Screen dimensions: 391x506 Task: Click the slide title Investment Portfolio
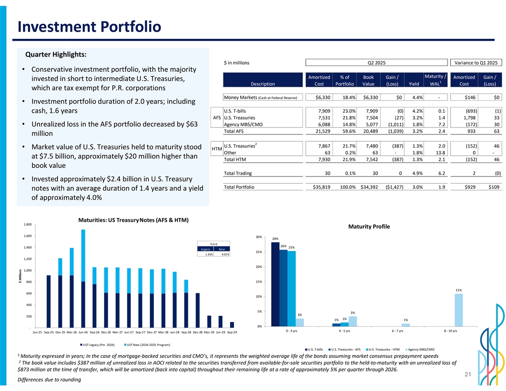(89, 26)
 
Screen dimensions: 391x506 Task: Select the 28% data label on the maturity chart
(275, 239)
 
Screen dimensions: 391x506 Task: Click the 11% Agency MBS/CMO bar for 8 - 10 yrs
(459, 310)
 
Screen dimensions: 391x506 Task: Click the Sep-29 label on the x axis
(232, 332)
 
